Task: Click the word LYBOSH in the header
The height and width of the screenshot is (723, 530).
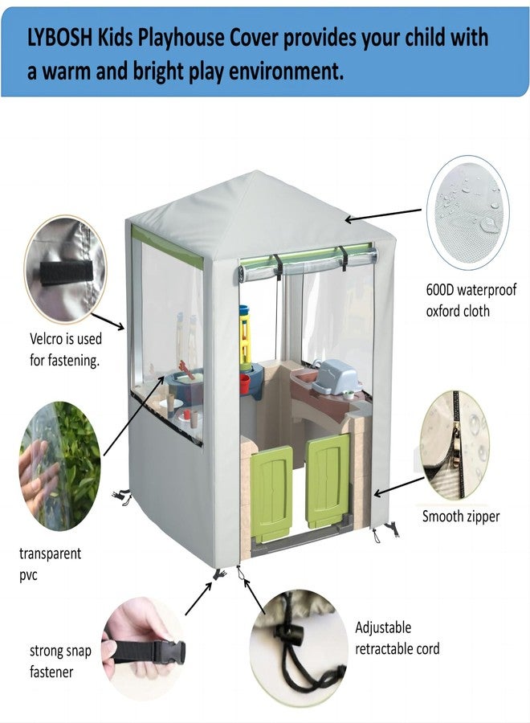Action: (60, 38)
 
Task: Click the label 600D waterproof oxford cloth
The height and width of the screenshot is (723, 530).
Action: (471, 300)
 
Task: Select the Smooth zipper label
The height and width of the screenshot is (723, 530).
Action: (461, 516)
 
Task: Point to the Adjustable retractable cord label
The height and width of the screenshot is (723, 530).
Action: (397, 638)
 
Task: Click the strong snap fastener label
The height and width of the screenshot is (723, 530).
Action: (60, 661)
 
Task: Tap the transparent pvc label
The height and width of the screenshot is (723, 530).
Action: (50, 564)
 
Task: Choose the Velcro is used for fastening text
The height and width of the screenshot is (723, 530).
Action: (65, 349)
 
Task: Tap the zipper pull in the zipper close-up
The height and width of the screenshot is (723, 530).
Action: (457, 444)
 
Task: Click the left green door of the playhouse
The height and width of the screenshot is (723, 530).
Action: (271, 494)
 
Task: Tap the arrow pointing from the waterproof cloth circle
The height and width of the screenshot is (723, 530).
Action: (383, 215)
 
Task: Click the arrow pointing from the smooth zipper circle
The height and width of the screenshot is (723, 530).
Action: (398, 487)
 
